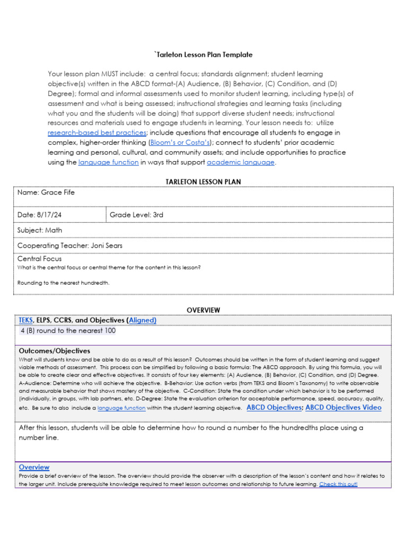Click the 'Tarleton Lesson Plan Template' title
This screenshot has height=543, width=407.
tap(203, 55)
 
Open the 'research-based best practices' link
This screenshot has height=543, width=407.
tap(96, 133)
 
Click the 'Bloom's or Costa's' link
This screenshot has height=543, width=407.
tap(180, 143)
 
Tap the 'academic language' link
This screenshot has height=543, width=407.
tap(241, 162)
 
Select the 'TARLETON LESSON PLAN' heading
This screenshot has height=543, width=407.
tap(203, 182)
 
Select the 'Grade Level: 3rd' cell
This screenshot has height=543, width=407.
tap(137, 215)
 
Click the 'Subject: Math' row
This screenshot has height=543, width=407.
tap(40, 231)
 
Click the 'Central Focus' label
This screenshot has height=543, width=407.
tap(40, 259)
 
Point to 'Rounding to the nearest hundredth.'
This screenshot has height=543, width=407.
tap(64, 283)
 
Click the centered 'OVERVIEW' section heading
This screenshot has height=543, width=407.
tap(203, 310)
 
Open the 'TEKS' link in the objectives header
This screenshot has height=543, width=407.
tap(25, 320)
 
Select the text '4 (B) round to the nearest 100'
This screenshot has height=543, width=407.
tap(68, 331)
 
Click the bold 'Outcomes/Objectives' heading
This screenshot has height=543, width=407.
tap(55, 351)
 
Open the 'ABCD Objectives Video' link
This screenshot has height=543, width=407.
tap(343, 408)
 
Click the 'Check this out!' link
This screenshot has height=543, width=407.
tap(338, 484)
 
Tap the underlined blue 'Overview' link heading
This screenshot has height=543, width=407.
tap(34, 467)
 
